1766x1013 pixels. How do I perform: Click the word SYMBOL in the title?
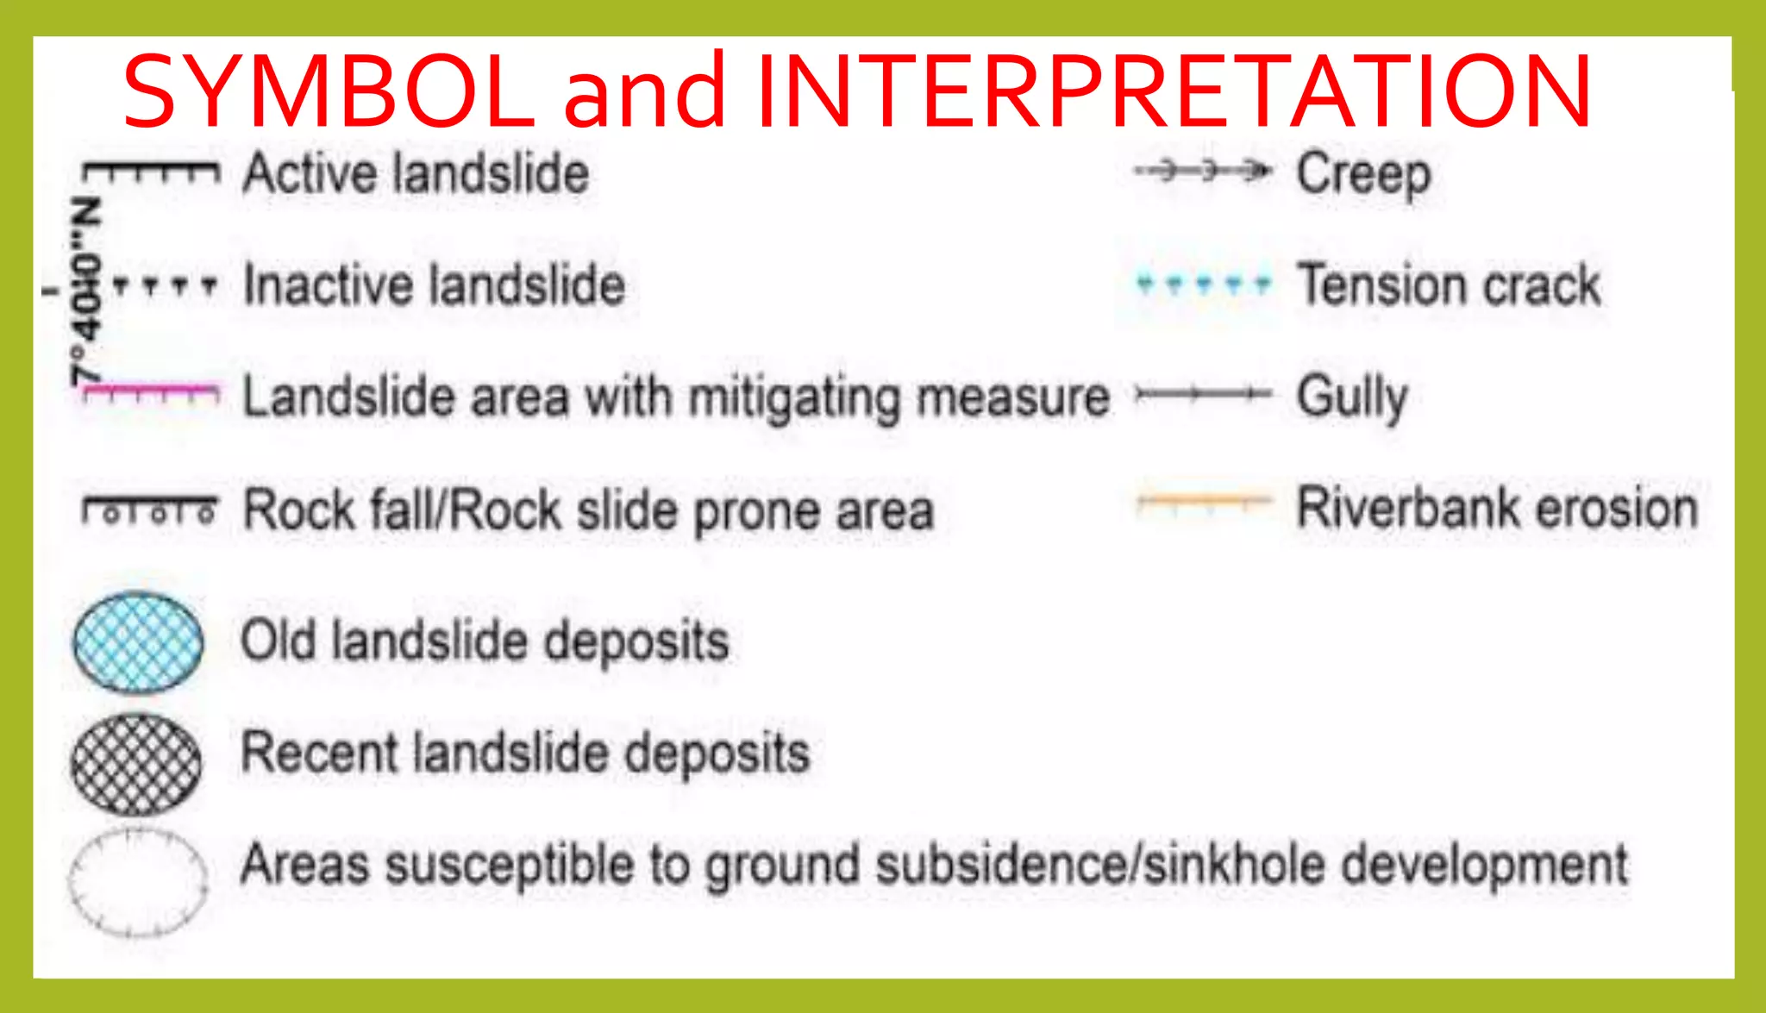[329, 91]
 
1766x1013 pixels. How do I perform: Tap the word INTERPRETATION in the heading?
[1174, 91]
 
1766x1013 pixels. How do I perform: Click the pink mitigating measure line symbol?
[151, 392]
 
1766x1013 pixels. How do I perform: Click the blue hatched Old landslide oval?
[138, 642]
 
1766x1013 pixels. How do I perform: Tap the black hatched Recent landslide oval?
[136, 765]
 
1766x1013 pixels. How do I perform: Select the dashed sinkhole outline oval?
[138, 881]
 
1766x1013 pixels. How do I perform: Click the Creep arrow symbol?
[1203, 171]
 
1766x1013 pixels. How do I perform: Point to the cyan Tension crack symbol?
[1203, 282]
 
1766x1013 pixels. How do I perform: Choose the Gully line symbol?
[1203, 395]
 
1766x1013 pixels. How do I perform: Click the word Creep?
[1363, 175]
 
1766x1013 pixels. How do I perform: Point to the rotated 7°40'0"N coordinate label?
[85, 291]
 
